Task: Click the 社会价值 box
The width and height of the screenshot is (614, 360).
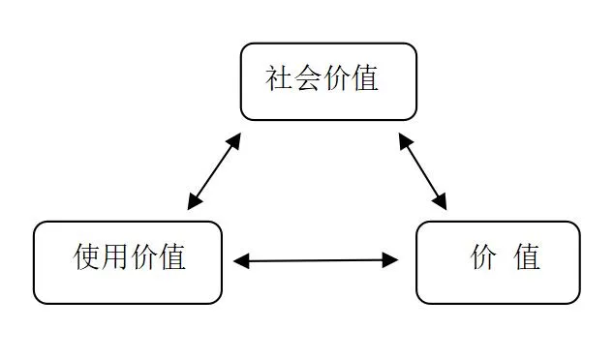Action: click(x=328, y=81)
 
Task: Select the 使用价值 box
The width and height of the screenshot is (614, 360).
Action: click(x=128, y=261)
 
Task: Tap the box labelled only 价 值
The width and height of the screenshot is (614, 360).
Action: click(x=498, y=261)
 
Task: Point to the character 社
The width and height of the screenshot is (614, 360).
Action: click(x=280, y=78)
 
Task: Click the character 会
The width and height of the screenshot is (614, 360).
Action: click(x=309, y=78)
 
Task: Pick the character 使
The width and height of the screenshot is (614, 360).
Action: click(x=88, y=257)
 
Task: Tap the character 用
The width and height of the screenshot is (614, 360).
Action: click(x=116, y=257)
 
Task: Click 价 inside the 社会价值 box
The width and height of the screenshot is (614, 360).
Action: click(x=337, y=78)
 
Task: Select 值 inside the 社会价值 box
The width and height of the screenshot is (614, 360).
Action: click(x=365, y=78)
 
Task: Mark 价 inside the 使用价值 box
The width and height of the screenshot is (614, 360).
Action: click(x=144, y=257)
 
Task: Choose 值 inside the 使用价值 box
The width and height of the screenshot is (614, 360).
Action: click(x=172, y=257)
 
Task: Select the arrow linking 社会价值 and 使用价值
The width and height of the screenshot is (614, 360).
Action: click(x=214, y=171)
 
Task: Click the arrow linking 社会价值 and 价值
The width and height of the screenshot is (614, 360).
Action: click(x=422, y=171)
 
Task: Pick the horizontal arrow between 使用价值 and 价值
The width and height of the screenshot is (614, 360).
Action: click(x=316, y=260)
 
